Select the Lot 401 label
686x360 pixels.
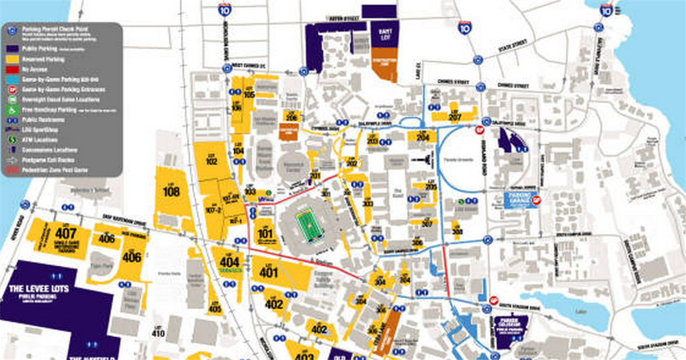(x=269, y=272)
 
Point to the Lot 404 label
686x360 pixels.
(x=229, y=262)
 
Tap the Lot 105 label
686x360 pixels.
(x=249, y=94)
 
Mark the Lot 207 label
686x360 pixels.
(x=455, y=116)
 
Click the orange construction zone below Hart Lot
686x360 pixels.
(x=384, y=67)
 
